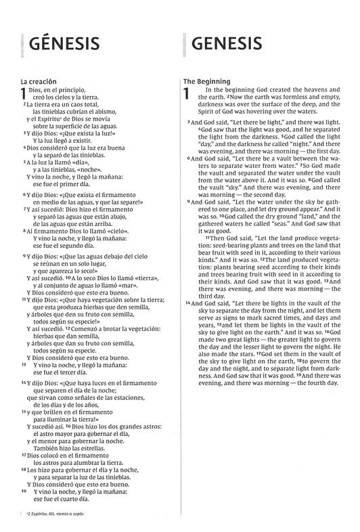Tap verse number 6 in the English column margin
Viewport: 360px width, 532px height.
(187, 158)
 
